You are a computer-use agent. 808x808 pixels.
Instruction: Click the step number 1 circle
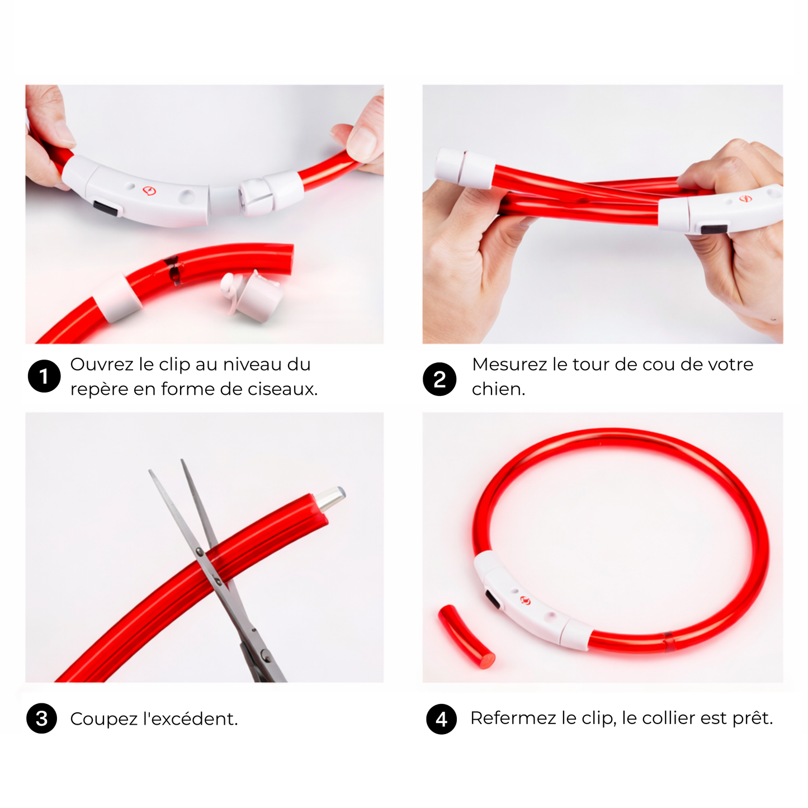click(x=44, y=376)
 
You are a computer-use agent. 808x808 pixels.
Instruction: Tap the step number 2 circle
click(x=440, y=380)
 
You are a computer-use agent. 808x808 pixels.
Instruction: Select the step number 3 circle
click(x=42, y=719)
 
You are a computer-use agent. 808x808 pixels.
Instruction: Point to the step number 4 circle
click(x=441, y=719)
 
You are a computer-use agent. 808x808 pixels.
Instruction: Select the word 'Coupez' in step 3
click(x=103, y=719)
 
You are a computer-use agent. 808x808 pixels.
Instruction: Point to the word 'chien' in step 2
click(x=497, y=389)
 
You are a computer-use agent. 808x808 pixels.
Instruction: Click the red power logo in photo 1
click(x=149, y=191)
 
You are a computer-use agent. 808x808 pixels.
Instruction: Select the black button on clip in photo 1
click(x=107, y=209)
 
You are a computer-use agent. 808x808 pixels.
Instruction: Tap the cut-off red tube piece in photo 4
click(x=465, y=636)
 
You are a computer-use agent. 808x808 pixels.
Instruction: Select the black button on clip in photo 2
click(x=714, y=229)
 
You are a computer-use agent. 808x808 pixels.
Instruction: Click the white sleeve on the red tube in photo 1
click(x=118, y=297)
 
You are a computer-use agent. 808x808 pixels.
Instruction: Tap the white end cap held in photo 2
click(x=464, y=167)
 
